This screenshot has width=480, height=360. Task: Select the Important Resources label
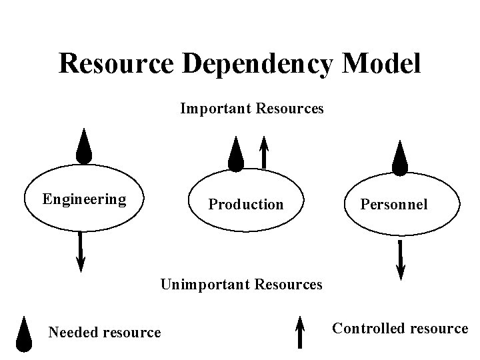point(252,108)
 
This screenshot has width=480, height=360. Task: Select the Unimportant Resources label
point(241,285)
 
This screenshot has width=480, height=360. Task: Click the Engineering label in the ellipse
point(84,199)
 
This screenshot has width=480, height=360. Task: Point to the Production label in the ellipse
point(246,204)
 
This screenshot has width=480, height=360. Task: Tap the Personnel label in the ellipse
point(394,204)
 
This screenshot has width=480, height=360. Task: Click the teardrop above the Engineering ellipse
point(83,147)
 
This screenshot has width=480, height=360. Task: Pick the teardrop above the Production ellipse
point(235,155)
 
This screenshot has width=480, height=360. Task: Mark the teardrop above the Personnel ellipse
point(399,159)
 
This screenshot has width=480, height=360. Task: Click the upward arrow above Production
point(264,153)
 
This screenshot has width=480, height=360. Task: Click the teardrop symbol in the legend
point(24,334)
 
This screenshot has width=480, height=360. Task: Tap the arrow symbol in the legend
point(300,332)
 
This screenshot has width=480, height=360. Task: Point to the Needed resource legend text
point(105,332)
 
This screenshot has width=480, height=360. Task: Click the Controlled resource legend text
point(400,328)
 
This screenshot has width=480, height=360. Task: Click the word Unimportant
point(203,285)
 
